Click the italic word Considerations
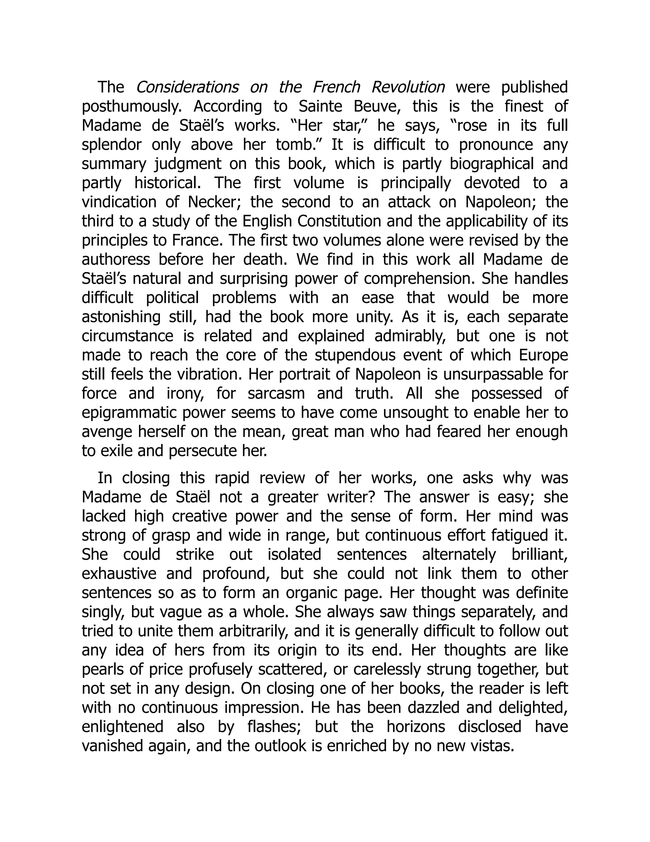(187, 87)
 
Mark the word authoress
(116, 260)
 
